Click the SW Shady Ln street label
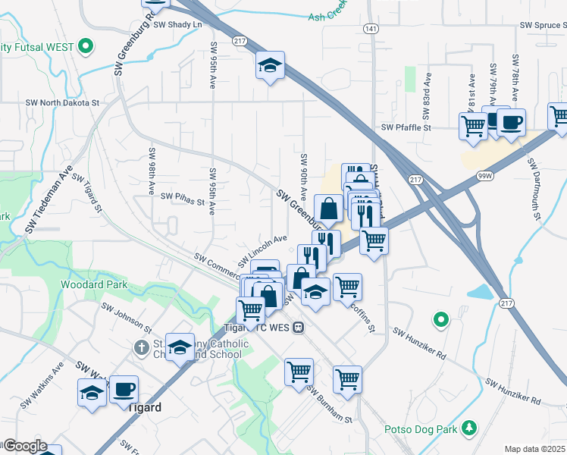pos(178,25)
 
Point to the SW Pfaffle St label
pos(406,128)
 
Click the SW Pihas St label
pos(183,199)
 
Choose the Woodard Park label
pos(94,285)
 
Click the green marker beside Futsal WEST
pos(86,46)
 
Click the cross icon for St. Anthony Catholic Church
pos(140,347)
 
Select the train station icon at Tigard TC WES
pos(299,328)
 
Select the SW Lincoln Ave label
pos(262,249)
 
